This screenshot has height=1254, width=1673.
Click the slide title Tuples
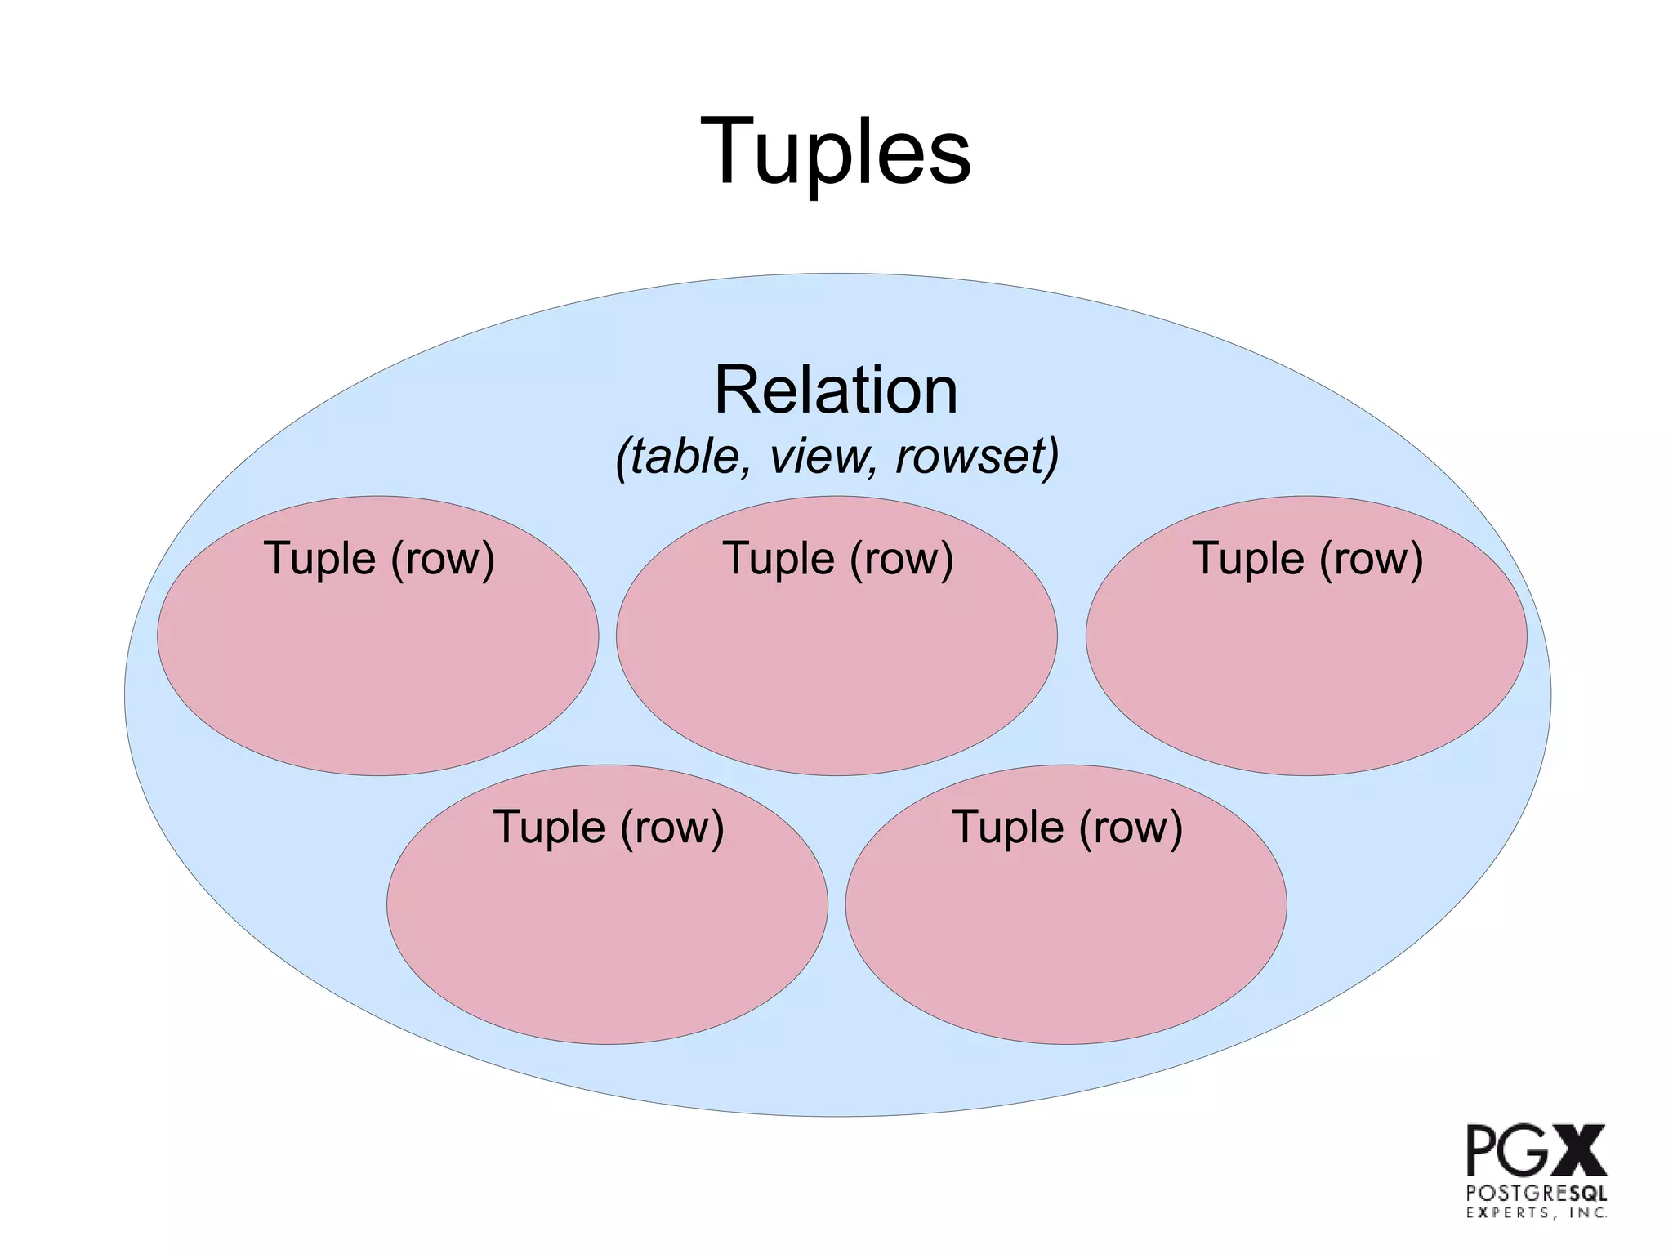[x=836, y=153]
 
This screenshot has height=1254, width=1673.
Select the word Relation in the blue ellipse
[x=836, y=390]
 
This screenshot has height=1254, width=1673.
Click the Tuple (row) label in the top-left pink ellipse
[x=379, y=560]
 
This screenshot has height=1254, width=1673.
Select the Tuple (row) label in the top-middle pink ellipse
[x=838, y=560]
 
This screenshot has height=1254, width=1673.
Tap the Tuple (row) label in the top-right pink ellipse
[x=1307, y=560]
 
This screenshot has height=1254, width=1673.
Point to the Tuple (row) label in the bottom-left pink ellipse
[x=609, y=828]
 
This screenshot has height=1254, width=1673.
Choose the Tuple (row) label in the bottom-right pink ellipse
[x=1067, y=828]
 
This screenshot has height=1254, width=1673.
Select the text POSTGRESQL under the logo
[x=1536, y=1193]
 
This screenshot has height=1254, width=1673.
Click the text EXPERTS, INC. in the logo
[x=1536, y=1213]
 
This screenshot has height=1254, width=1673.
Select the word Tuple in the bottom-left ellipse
[x=549, y=828]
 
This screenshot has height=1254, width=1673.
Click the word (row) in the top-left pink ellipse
[x=443, y=560]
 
